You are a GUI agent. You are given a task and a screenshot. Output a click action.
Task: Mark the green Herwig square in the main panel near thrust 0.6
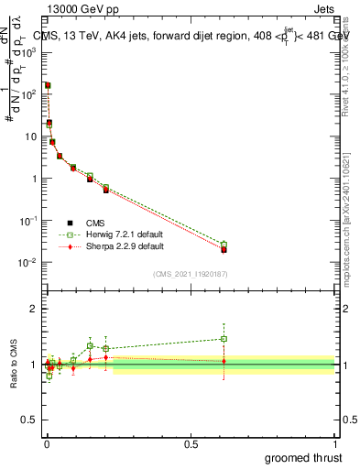(x=224, y=245)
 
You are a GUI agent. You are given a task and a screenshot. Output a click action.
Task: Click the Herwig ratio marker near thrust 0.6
(x=224, y=339)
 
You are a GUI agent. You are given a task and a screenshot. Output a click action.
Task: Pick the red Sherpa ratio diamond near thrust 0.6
(x=224, y=361)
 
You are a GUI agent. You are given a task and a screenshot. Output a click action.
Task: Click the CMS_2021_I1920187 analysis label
(x=190, y=274)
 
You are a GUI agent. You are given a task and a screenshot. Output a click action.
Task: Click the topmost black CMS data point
(x=47, y=85)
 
